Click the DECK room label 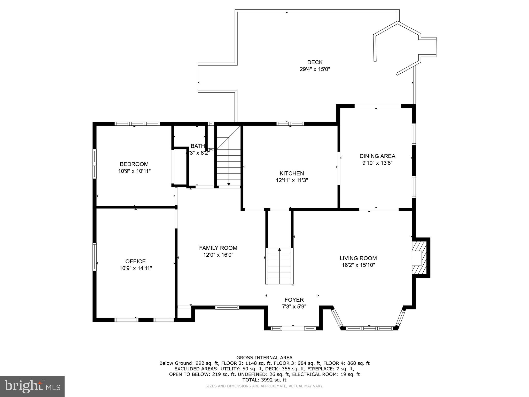pyautogui.click(x=315, y=62)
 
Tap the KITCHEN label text pyautogui.click(x=292, y=173)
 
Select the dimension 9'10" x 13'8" pyautogui.click(x=377, y=163)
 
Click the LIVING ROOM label pyautogui.click(x=358, y=258)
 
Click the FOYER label pyautogui.click(x=294, y=300)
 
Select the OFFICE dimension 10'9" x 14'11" pyautogui.click(x=135, y=268)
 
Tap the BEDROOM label pyautogui.click(x=134, y=164)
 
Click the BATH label pyautogui.click(x=198, y=146)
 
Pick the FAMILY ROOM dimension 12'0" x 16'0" pyautogui.click(x=218, y=255)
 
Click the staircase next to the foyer pyautogui.click(x=279, y=266)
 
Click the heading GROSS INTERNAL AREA pyautogui.click(x=264, y=358)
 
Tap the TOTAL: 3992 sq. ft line pyautogui.click(x=264, y=380)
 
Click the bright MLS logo pyautogui.click(x=32, y=386)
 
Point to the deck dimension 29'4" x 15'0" pyautogui.click(x=315, y=69)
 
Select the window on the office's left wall pyautogui.click(x=95, y=257)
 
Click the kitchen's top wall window pyautogui.click(x=290, y=124)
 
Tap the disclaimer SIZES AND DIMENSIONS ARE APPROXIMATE pyautogui.click(x=264, y=386)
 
